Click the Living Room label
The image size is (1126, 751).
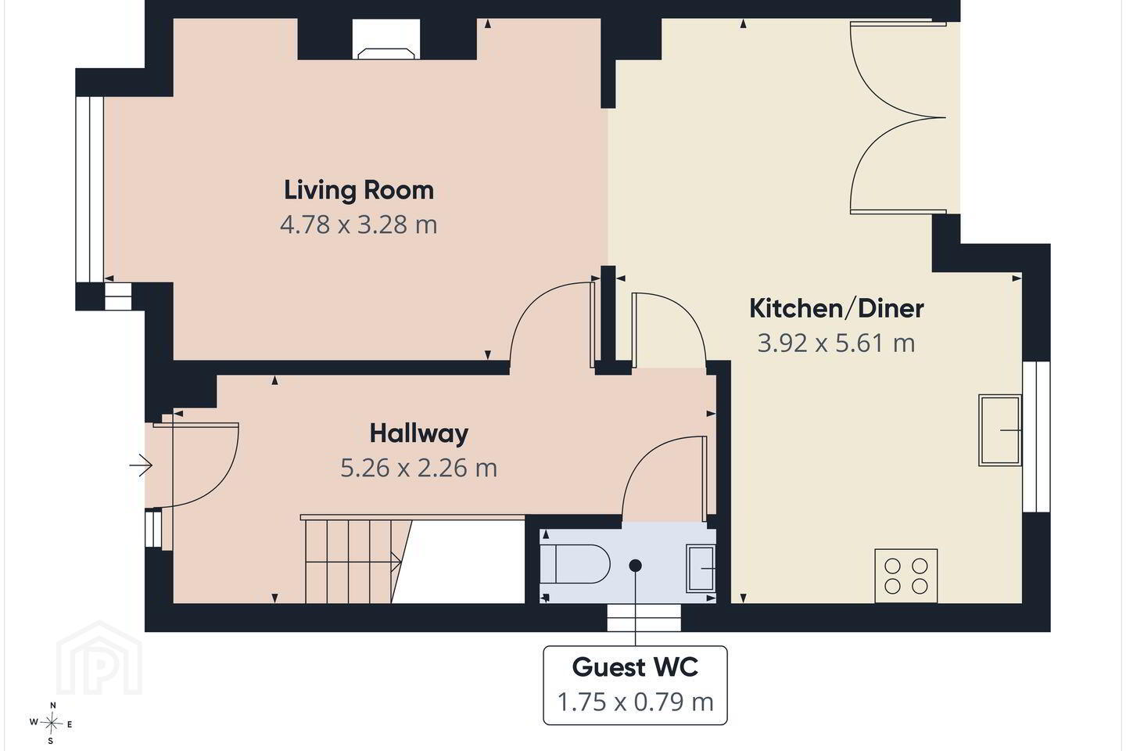click(359, 190)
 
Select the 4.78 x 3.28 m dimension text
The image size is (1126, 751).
click(359, 225)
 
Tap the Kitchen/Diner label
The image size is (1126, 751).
click(837, 308)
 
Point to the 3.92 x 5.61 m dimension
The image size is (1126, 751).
click(837, 343)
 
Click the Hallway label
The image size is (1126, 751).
click(419, 433)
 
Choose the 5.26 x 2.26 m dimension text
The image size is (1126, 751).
click(419, 468)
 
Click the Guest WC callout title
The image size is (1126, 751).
click(636, 667)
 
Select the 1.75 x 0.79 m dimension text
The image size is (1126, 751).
click(636, 702)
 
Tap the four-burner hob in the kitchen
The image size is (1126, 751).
click(905, 576)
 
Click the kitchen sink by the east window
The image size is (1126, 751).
click(1000, 430)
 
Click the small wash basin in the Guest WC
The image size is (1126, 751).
click(701, 569)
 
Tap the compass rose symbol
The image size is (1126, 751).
click(51, 724)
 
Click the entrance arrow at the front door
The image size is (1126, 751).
click(141, 465)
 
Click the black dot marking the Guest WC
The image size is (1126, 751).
click(636, 566)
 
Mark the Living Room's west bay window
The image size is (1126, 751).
click(89, 189)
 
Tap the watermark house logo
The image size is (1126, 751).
click(99, 658)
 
